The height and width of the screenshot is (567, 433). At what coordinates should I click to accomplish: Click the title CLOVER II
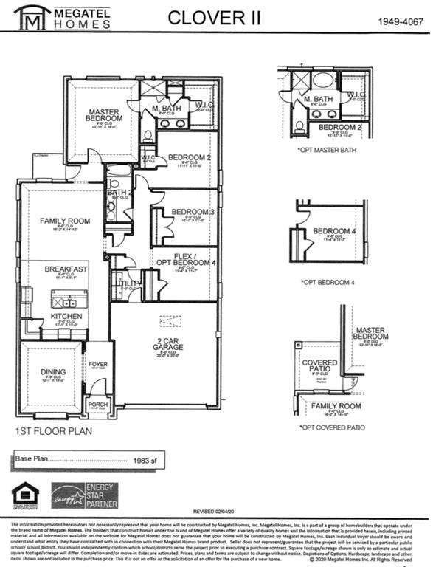click(214, 18)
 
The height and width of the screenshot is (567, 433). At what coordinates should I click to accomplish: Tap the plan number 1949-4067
click(400, 22)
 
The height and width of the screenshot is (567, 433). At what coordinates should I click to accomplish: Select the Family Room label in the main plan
click(65, 221)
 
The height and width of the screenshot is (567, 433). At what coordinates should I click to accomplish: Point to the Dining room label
click(54, 372)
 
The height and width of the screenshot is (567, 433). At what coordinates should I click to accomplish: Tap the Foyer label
click(98, 365)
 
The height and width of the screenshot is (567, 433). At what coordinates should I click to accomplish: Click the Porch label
click(98, 404)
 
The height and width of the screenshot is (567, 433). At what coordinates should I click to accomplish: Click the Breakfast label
click(66, 269)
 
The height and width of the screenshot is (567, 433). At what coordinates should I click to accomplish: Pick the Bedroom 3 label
click(193, 213)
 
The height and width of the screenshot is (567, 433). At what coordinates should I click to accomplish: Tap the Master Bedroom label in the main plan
click(104, 114)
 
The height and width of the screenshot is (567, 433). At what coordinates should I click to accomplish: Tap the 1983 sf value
click(146, 459)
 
